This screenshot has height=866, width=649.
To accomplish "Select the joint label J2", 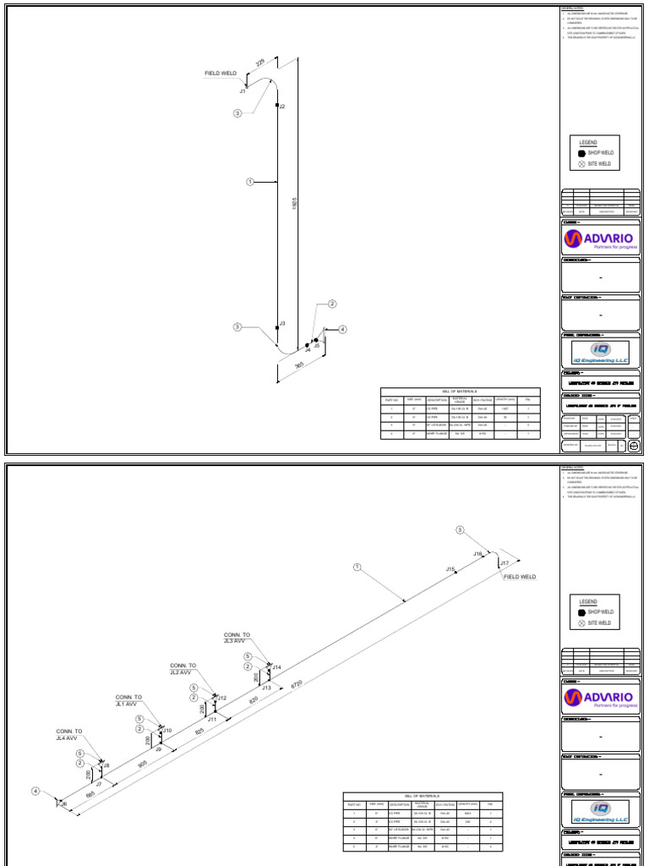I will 282,107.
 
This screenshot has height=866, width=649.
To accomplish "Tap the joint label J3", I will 282,323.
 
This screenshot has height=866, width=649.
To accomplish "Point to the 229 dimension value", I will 260,63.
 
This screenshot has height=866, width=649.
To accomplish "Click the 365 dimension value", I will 299,365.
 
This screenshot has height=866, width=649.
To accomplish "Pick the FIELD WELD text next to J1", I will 221,74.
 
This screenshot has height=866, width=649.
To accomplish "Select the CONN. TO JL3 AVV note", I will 236,638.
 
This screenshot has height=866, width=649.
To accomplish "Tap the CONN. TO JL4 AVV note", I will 69,734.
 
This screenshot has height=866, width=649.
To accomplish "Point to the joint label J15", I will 450,569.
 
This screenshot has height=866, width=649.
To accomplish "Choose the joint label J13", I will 266,688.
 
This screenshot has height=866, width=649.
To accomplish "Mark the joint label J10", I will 167,730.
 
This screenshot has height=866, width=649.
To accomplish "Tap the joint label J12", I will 222,698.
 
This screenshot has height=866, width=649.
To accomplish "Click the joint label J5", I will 317,346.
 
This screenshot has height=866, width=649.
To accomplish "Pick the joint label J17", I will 504,562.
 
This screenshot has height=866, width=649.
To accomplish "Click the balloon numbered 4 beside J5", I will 342,329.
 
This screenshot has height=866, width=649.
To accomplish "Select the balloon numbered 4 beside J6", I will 35,791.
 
